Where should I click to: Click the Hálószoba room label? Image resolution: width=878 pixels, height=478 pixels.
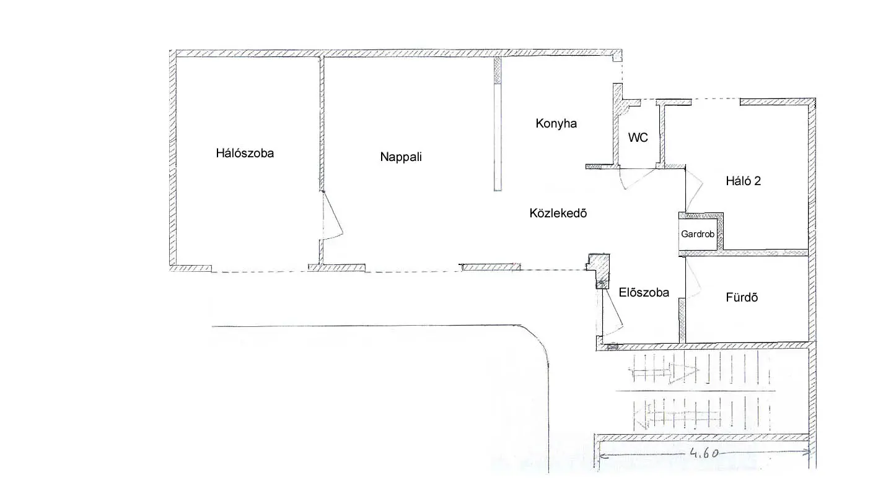point(245,153)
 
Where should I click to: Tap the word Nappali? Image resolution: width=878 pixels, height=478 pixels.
point(401,157)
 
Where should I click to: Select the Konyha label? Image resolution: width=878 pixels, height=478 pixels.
point(556,124)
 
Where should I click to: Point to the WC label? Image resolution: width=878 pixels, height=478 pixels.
point(638,137)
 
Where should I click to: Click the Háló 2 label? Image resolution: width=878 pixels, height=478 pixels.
point(743,181)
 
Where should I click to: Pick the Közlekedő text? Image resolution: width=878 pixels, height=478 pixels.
point(558,213)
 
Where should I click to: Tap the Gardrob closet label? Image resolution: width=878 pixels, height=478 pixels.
point(698,234)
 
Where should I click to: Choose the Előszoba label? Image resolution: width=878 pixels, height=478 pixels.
point(644,293)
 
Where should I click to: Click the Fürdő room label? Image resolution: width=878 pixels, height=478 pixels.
point(742,297)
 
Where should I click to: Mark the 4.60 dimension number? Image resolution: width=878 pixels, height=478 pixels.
point(704,453)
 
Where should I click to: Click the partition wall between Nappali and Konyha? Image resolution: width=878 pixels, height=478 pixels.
point(498,124)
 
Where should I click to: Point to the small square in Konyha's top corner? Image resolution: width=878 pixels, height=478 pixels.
point(617,58)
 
